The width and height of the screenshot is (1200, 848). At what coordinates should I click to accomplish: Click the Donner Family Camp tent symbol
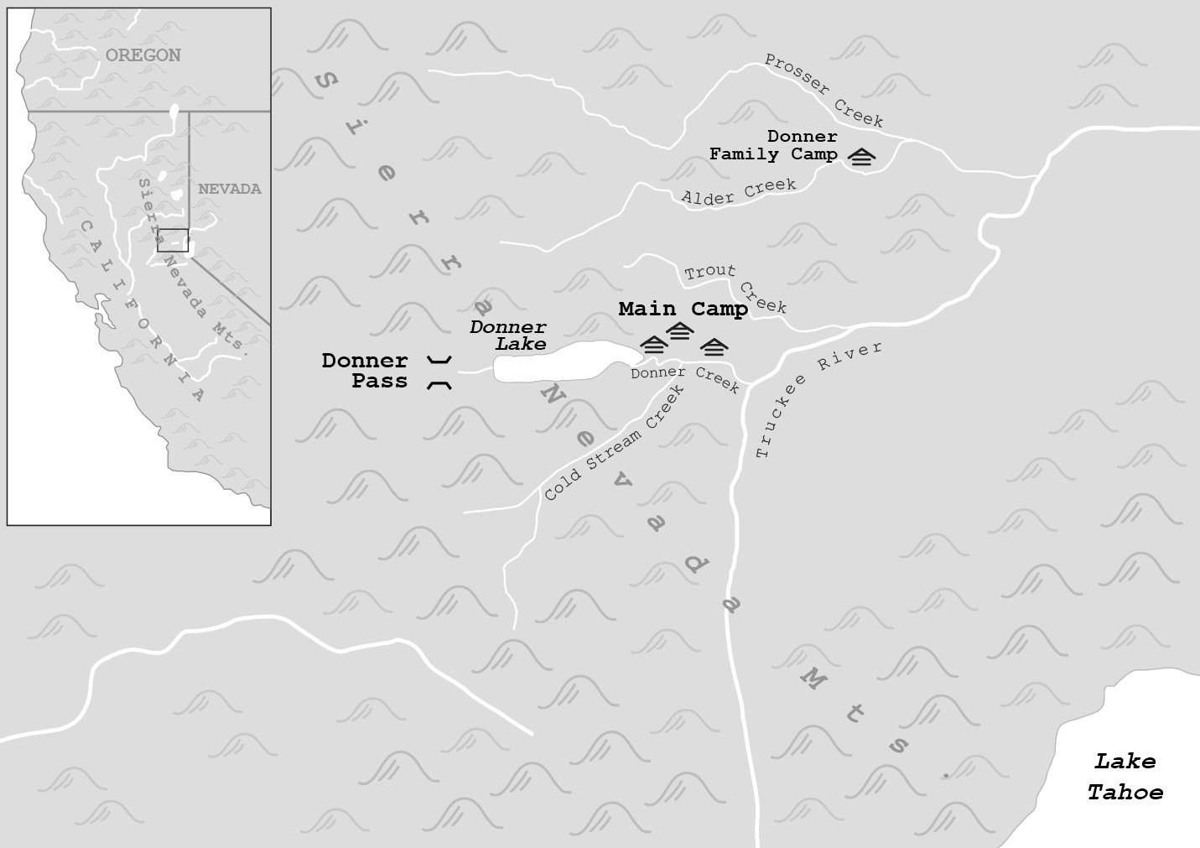tap(862, 157)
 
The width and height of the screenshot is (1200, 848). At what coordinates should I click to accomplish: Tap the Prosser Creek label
tap(824, 91)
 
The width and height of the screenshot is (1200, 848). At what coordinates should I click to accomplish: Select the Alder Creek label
tap(739, 192)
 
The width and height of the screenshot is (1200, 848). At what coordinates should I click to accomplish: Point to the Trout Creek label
tap(735, 288)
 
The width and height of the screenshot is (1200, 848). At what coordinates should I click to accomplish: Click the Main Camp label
tap(683, 310)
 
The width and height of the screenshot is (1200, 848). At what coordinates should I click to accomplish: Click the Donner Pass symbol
tap(439, 372)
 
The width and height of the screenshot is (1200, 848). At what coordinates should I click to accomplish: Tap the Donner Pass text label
tap(366, 371)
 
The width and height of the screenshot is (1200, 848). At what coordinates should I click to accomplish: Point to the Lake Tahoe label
tap(1125, 777)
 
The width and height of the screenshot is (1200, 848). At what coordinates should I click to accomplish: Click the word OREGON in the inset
tap(143, 55)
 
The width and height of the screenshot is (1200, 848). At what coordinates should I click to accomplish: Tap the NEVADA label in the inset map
tap(229, 190)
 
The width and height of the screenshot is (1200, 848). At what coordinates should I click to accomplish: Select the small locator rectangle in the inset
tap(173, 240)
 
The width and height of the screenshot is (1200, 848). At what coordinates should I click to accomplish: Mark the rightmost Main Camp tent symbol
tap(714, 346)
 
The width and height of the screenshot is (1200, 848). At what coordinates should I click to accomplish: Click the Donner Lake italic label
tap(508, 336)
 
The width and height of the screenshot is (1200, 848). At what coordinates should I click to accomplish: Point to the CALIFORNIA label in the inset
tap(142, 311)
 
